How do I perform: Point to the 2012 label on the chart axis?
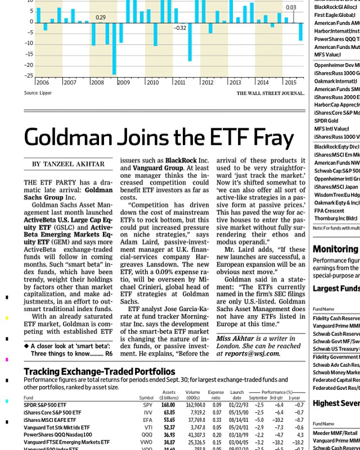[207, 83]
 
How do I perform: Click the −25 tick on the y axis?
[29, 76]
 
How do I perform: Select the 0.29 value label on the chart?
[101, 18]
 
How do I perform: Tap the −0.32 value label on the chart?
[180, 28]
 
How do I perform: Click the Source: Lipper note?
[38, 93]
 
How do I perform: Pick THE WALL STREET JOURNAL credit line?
[270, 93]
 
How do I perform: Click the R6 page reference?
[109, 354]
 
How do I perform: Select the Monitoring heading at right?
[335, 249]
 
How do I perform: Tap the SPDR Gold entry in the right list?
[326, 121]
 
